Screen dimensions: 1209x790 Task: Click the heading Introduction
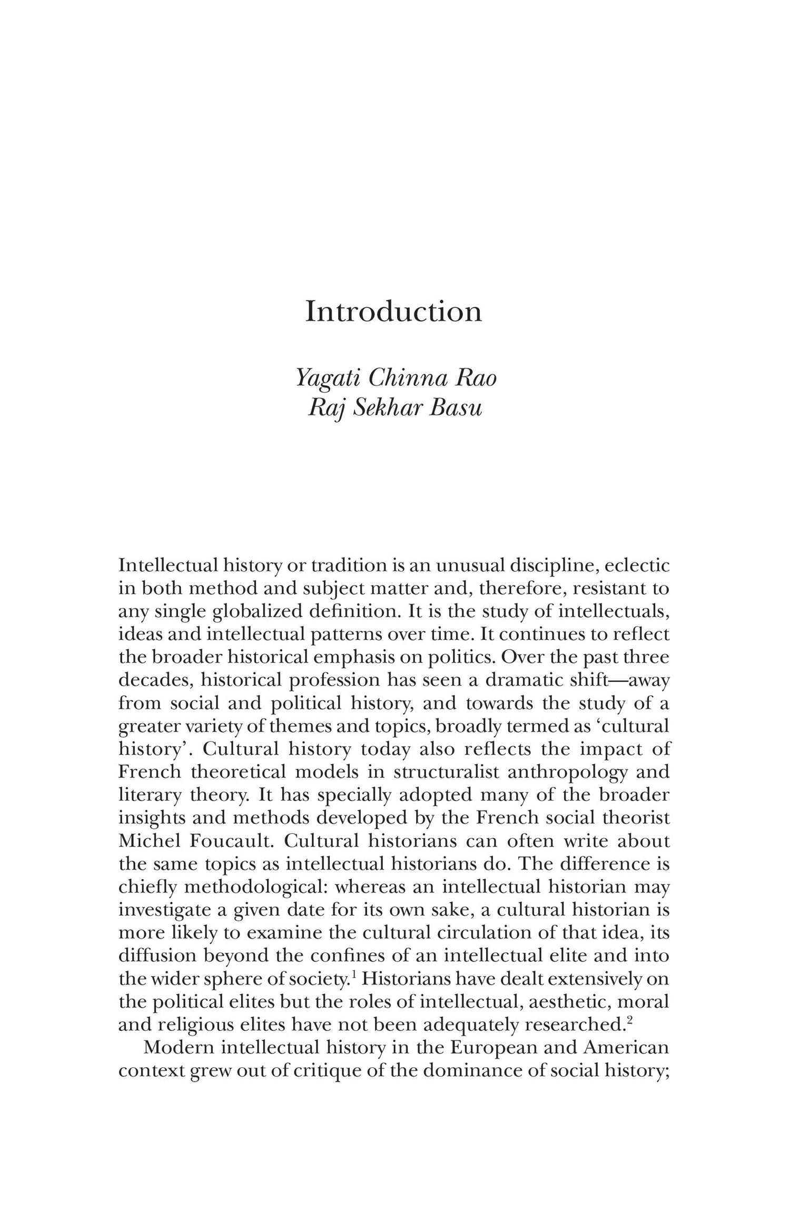point(393,311)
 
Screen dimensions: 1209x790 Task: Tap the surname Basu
point(456,408)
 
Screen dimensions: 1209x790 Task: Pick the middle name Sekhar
point(387,408)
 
